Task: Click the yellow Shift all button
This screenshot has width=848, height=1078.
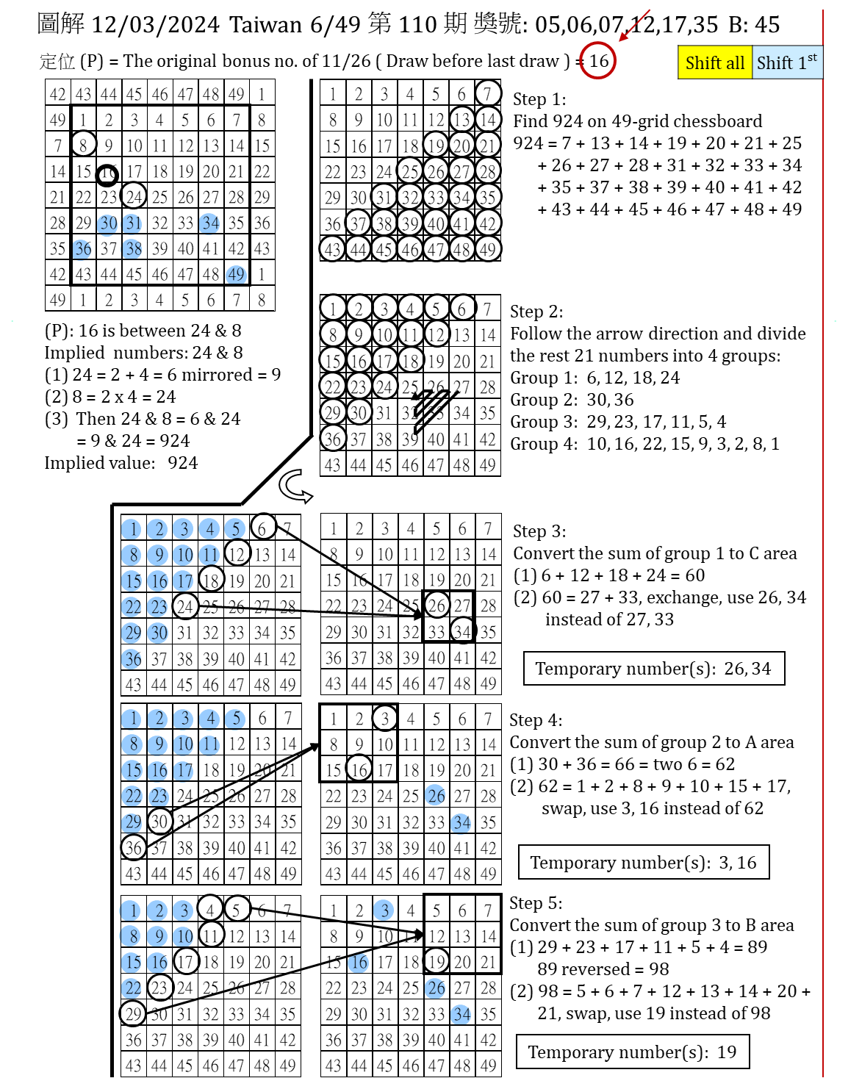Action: (x=714, y=62)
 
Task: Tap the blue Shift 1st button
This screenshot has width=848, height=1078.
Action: (x=786, y=62)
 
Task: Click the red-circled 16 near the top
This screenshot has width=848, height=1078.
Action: (x=597, y=61)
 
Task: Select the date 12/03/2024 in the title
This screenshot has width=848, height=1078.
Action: (x=156, y=25)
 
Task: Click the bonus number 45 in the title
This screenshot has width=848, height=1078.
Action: (x=767, y=25)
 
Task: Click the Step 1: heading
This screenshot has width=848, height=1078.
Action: (x=539, y=99)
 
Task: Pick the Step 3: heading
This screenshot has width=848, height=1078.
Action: (x=539, y=531)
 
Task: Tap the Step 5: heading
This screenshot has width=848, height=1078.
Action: (x=536, y=903)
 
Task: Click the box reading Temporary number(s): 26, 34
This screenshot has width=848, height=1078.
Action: (x=653, y=669)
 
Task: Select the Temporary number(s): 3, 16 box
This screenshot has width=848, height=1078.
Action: (x=643, y=863)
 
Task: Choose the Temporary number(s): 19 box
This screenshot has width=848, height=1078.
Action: (x=632, y=1052)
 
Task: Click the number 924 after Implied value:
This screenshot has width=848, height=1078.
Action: (x=182, y=463)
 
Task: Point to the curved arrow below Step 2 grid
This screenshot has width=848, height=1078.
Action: (x=296, y=484)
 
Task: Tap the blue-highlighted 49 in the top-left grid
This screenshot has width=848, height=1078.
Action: (x=236, y=274)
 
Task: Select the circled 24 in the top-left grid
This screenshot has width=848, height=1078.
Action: (x=134, y=197)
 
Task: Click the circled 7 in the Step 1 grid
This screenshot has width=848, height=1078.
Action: (x=487, y=93)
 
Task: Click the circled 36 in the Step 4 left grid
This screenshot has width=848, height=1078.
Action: (x=133, y=847)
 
